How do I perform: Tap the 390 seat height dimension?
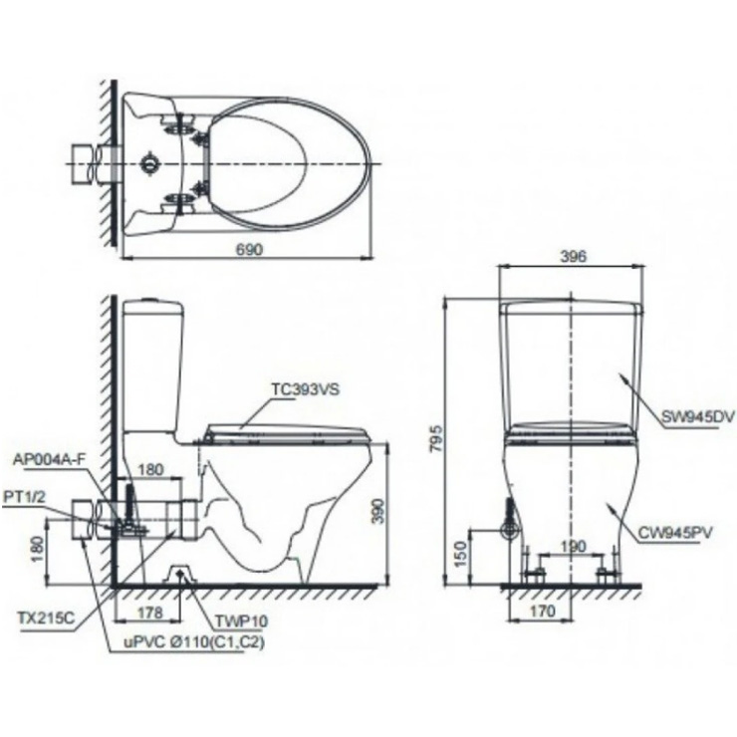(x=398, y=512)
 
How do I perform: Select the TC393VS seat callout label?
(x=305, y=391)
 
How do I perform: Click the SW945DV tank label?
(x=696, y=417)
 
